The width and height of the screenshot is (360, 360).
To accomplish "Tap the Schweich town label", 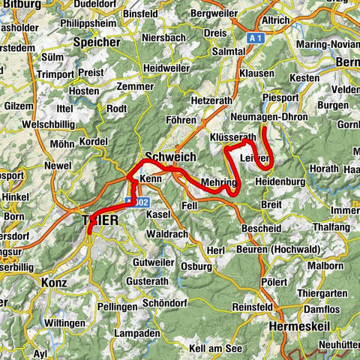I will coord(169,156).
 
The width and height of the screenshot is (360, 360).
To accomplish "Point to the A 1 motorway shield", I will coord(256,35).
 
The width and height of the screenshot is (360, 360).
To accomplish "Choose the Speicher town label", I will coord(97,42).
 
